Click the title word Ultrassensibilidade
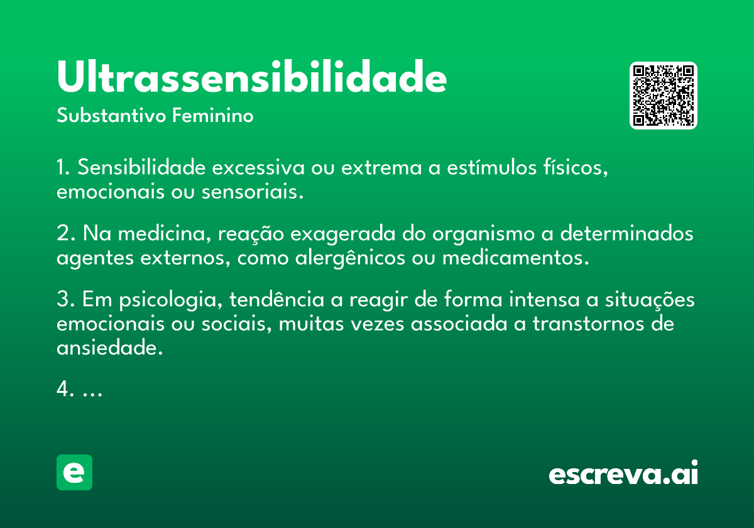[252, 76]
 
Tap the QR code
[663, 96]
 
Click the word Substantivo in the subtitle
[111, 116]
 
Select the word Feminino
[213, 115]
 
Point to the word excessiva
[258, 167]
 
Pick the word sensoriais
[253, 192]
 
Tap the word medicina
[165, 233]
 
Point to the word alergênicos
[350, 258]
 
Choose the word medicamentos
[515, 258]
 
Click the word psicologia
[171, 300]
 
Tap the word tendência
[276, 299]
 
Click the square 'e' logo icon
[74, 472]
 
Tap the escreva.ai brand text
[623, 473]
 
